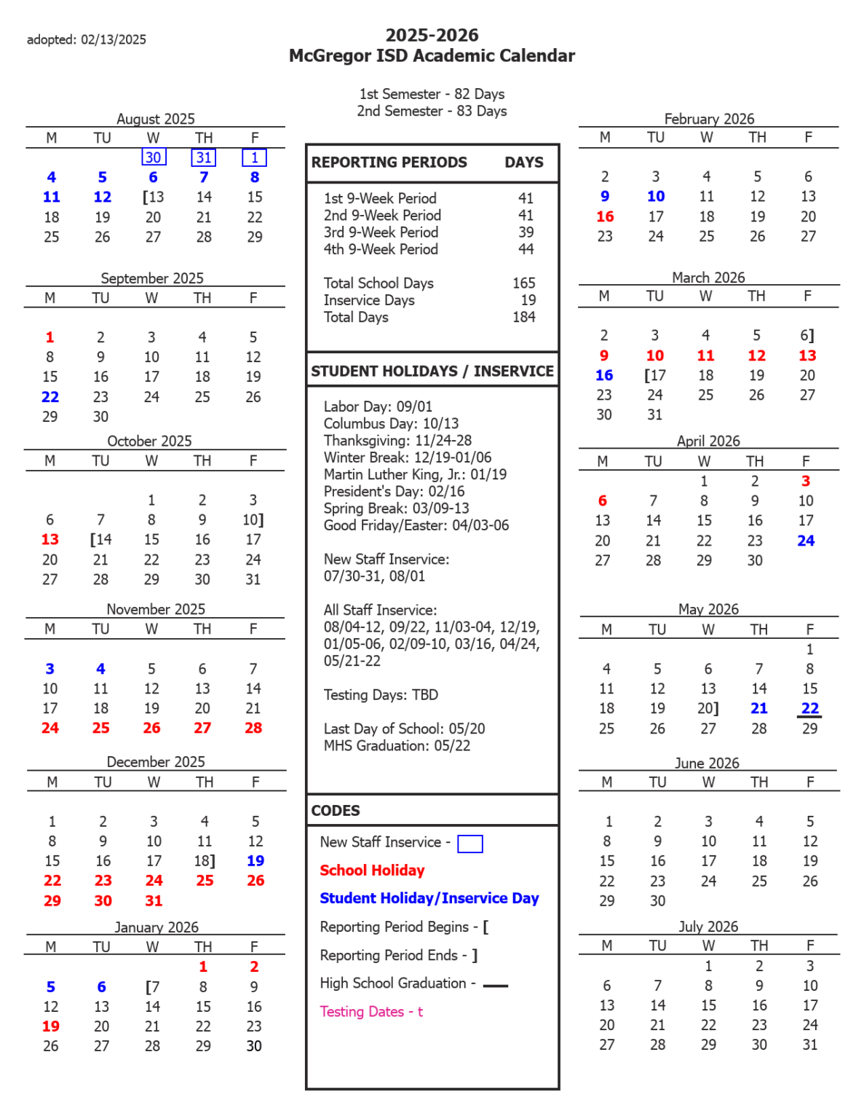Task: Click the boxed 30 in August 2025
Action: [x=153, y=157]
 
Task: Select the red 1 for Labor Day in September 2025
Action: [x=49, y=337]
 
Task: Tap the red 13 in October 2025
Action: [x=49, y=540]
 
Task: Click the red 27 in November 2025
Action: [x=202, y=728]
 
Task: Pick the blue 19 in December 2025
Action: [x=255, y=861]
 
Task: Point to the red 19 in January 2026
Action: [x=51, y=1026]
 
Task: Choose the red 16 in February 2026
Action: [x=605, y=217]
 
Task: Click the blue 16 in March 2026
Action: [x=604, y=375]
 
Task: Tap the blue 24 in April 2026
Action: [x=806, y=541]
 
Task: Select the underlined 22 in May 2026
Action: [x=810, y=708]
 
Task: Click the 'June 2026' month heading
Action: [x=707, y=763]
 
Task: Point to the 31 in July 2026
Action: [x=809, y=1045]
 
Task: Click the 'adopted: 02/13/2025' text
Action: [x=87, y=39]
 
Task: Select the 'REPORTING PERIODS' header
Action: [x=389, y=162]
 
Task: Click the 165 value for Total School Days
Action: [x=523, y=283]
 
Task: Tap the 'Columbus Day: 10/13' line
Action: [x=391, y=424]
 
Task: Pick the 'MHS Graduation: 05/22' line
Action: [x=397, y=746]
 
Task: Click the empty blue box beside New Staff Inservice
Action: [x=469, y=844]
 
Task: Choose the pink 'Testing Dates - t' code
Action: [x=371, y=1012]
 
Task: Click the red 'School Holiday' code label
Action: [x=372, y=871]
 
